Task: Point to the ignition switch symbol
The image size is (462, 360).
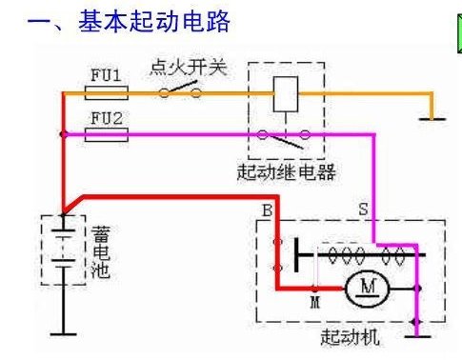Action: coord(180,92)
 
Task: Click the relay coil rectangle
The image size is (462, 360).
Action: coord(286,93)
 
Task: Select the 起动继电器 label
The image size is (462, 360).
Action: coord(286,173)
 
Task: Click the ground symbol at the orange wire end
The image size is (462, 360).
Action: coord(433,117)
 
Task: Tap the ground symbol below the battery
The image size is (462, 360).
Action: coord(64,331)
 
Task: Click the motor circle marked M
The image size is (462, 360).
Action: coord(363,286)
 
